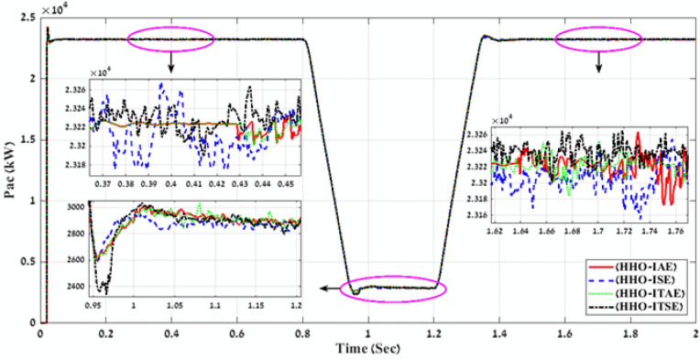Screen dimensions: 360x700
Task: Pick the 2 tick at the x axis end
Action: click(694, 335)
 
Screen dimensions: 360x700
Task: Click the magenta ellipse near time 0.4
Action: click(170, 38)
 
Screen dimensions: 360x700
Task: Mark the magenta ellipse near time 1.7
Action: click(599, 38)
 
